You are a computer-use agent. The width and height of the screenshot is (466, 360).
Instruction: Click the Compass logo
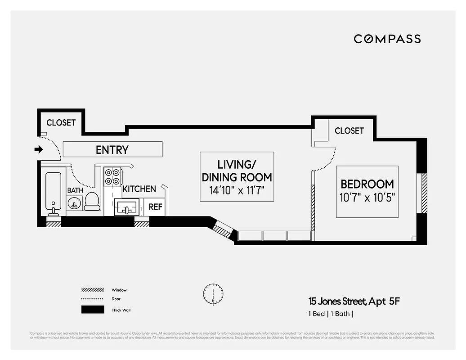(387, 39)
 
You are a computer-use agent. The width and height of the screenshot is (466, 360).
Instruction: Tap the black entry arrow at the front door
(39, 149)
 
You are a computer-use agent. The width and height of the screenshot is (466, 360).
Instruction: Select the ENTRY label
(112, 149)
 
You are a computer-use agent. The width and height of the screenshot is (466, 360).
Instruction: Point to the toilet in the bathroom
(92, 201)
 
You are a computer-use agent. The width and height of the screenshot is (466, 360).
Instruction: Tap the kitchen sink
(126, 208)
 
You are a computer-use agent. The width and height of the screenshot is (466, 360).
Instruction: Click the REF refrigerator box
(156, 207)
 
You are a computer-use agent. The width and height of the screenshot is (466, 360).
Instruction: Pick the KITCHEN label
(139, 189)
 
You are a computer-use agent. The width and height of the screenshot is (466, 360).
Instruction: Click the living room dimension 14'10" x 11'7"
(237, 190)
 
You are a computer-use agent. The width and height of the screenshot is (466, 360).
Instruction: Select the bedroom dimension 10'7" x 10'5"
(367, 198)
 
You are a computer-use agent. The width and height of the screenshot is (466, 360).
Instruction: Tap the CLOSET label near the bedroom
(349, 130)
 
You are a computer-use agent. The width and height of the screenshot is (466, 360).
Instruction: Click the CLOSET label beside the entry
(61, 122)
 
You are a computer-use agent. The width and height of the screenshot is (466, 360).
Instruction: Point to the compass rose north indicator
(213, 293)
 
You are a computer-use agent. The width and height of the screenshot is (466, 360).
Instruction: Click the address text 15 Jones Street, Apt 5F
(353, 301)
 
